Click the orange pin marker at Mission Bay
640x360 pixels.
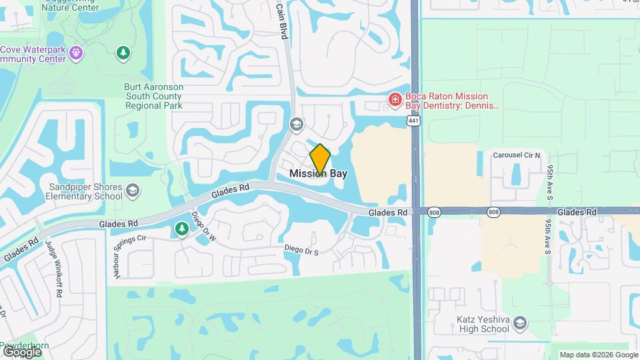pos(320,159)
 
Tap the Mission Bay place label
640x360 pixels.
pos(318,173)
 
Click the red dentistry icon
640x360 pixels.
pos(395,99)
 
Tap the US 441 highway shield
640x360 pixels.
pos(414,120)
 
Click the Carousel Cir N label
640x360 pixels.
pos(517,155)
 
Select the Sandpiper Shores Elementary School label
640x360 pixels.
pos(85,191)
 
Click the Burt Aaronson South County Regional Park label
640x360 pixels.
pos(153,96)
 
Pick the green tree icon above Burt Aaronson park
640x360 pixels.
pos(122,52)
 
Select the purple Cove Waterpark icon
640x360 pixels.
pos(76,51)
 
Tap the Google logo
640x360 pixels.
pos(22,351)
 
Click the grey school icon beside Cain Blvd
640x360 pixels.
pos(295,124)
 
